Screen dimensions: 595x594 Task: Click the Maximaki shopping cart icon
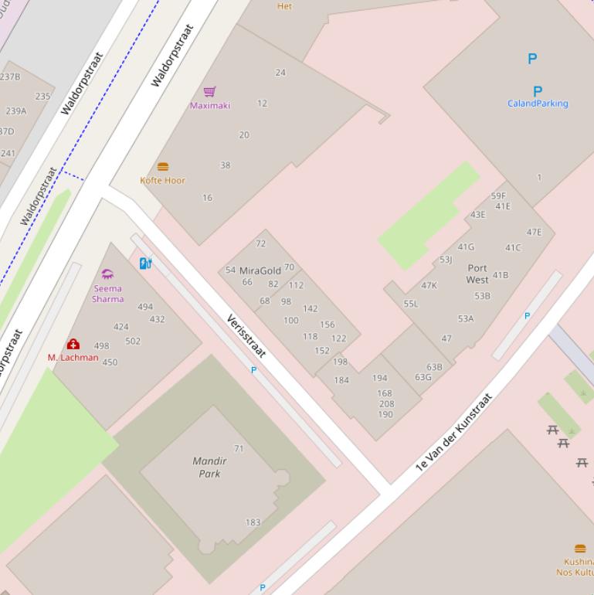pyautogui.click(x=209, y=91)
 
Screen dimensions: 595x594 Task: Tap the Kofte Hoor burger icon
pyautogui.click(x=163, y=167)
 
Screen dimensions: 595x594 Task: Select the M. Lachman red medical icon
pyautogui.click(x=73, y=344)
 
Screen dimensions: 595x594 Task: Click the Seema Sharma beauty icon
pyautogui.click(x=107, y=274)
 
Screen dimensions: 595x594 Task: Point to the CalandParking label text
pyautogui.click(x=538, y=104)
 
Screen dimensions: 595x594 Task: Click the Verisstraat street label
pyautogui.click(x=246, y=336)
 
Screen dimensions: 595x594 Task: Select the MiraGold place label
pyautogui.click(x=260, y=271)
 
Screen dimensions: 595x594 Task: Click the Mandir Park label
pyautogui.click(x=209, y=467)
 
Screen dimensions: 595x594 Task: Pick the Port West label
pyautogui.click(x=477, y=274)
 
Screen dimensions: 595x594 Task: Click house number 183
pyautogui.click(x=253, y=522)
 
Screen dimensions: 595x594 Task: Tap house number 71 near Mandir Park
pyautogui.click(x=239, y=448)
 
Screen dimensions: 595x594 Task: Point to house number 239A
pyautogui.click(x=16, y=111)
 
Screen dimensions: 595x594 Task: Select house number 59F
pyautogui.click(x=498, y=196)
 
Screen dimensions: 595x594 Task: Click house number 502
pyautogui.click(x=133, y=341)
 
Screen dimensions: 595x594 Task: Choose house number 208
pyautogui.click(x=387, y=404)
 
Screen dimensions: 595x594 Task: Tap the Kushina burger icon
pyautogui.click(x=580, y=549)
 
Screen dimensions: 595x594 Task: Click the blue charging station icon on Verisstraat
pyautogui.click(x=145, y=263)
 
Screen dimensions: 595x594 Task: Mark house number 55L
pyautogui.click(x=411, y=304)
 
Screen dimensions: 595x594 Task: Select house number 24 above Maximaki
pyautogui.click(x=280, y=73)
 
